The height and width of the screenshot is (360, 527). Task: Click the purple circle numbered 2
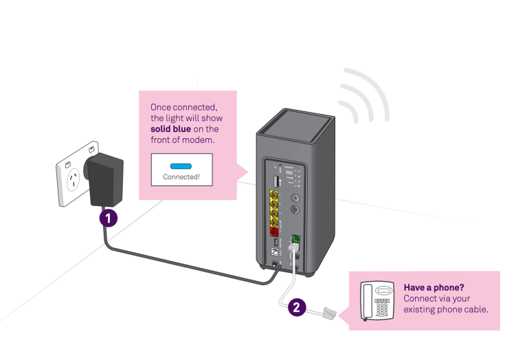tap(295, 307)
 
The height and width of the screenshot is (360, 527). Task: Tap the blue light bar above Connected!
tap(182, 166)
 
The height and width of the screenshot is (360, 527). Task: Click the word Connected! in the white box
tap(182, 177)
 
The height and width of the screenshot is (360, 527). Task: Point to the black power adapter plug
tap(105, 180)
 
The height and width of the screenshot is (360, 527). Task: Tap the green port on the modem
tap(295, 240)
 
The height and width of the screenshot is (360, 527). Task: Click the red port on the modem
tap(274, 232)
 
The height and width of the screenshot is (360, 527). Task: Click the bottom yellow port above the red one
tap(274, 221)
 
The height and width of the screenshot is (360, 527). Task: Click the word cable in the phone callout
tap(474, 309)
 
